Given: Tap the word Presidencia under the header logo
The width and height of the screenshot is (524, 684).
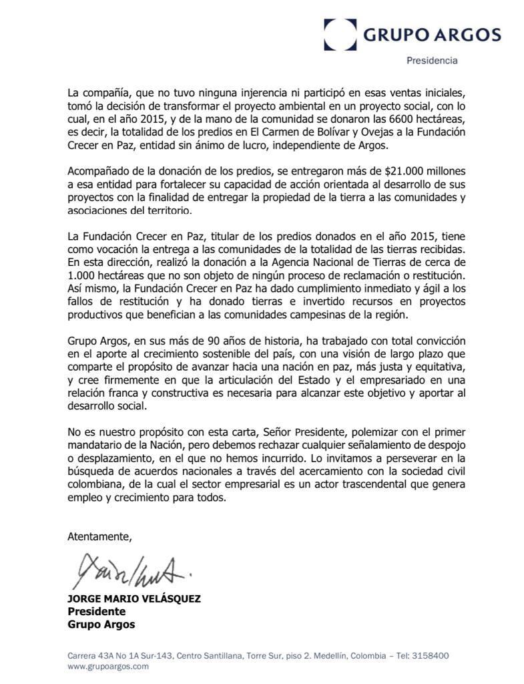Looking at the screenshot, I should click(x=432, y=61).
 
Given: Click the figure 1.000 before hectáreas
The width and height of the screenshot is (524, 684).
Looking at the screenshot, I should click(x=84, y=276).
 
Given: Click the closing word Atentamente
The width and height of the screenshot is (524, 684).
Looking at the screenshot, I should click(x=100, y=536).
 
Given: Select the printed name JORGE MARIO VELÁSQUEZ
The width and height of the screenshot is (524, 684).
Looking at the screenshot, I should click(x=134, y=599).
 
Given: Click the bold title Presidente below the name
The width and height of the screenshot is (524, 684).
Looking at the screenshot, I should click(x=97, y=611).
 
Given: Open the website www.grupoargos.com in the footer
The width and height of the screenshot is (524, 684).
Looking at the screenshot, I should click(x=108, y=666).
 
